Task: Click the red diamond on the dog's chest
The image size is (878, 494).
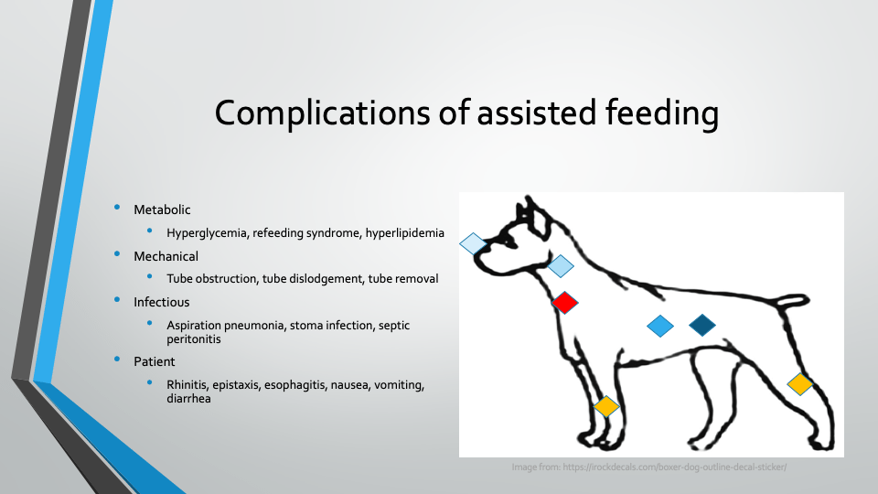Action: point(564,303)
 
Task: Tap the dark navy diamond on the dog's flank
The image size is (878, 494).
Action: point(702,325)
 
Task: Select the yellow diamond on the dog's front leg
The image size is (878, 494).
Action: point(605,406)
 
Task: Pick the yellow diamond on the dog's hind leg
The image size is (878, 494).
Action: point(799,384)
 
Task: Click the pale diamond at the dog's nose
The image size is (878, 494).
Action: point(473,243)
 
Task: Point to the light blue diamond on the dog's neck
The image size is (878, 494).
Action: point(561,266)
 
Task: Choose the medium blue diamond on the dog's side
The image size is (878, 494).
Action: point(660,326)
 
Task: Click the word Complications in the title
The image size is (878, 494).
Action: point(323,113)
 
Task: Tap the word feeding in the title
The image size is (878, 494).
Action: point(662,113)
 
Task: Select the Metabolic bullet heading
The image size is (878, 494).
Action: point(162,209)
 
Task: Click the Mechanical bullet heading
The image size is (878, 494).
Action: point(166,256)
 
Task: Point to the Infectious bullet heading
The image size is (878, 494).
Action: point(161,302)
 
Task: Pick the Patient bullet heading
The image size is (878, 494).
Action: point(154,361)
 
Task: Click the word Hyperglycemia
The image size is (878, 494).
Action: point(207,233)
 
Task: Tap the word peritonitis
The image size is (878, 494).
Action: point(194,338)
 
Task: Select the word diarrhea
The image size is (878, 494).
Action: point(188,398)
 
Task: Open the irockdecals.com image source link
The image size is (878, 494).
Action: point(675,467)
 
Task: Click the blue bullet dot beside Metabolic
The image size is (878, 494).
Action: point(117,208)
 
